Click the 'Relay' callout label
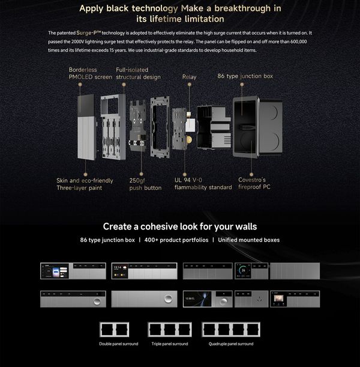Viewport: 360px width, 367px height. (190, 77)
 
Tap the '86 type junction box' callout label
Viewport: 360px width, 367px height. (245, 76)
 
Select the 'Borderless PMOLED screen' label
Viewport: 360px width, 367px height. (90, 73)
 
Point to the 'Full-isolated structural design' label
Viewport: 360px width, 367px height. (138, 73)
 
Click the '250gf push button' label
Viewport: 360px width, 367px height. (145, 184)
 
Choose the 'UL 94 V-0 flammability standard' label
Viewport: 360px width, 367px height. (203, 184)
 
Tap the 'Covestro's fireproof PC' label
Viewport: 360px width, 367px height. (254, 183)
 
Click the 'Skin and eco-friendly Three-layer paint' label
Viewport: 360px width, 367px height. (85, 184)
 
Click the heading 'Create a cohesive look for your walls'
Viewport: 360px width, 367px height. (180, 226)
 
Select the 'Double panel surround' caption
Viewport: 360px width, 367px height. (119, 344)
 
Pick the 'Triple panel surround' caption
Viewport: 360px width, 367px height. (170, 344)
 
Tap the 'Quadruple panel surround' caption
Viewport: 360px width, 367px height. (231, 344)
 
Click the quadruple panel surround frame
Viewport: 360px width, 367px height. (231, 323)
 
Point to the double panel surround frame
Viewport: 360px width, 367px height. (115, 323)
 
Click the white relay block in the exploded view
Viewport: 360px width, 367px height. (190, 125)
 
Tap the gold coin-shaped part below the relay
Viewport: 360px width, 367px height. (189, 140)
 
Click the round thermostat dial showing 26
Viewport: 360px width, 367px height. (244, 270)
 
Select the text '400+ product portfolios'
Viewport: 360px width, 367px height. (176, 240)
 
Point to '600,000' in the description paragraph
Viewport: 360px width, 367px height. (299, 41)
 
